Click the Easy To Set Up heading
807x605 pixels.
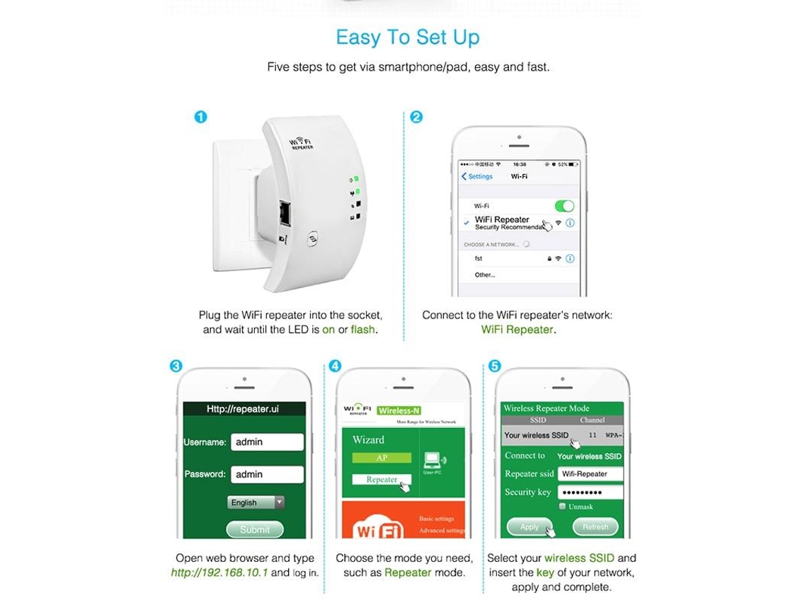(x=407, y=38)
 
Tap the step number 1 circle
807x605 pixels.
(x=201, y=117)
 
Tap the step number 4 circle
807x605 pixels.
(x=335, y=366)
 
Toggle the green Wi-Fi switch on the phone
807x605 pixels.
(x=564, y=206)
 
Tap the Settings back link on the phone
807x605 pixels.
(x=477, y=176)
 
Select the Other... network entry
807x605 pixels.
(x=485, y=275)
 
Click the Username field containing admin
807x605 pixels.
(x=267, y=442)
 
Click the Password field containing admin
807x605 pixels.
(x=267, y=474)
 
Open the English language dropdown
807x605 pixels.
(x=256, y=502)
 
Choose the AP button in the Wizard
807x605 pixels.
(x=382, y=458)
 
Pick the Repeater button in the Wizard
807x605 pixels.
(x=382, y=480)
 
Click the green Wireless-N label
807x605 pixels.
(x=399, y=410)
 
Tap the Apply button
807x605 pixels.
(x=530, y=527)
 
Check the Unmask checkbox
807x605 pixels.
(x=562, y=507)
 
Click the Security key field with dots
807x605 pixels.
(x=590, y=492)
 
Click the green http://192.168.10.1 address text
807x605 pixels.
(x=219, y=572)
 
